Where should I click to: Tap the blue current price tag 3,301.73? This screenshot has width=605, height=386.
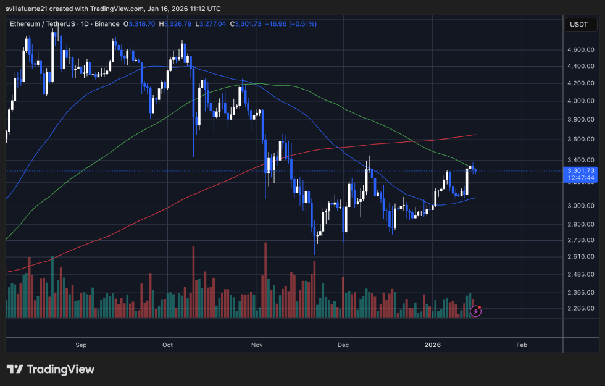coord(581,170)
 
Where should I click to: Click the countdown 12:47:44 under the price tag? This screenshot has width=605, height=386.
coord(581,178)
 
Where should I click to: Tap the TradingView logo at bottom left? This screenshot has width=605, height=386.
coord(51,369)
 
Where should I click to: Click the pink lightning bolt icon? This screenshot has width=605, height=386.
coord(475,311)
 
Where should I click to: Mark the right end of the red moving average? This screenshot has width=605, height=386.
coord(475,134)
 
